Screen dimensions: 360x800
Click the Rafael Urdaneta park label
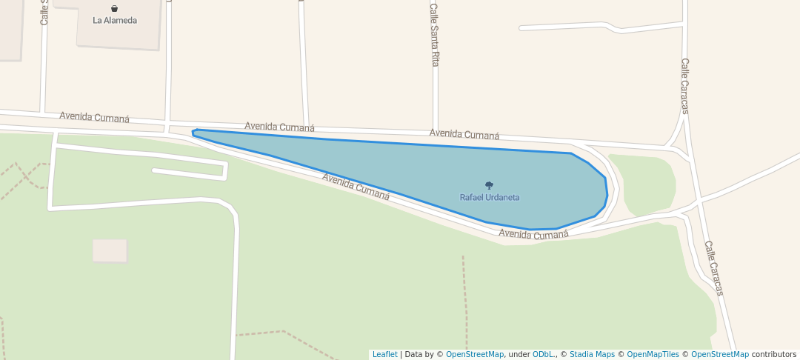tap(490, 198)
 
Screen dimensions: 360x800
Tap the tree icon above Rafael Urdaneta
tap(489, 185)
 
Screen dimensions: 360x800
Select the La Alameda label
tap(115, 21)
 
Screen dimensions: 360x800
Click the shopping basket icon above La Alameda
tap(114, 9)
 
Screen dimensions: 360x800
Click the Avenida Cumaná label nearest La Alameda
tap(95, 117)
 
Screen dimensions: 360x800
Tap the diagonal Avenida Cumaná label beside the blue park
tap(356, 186)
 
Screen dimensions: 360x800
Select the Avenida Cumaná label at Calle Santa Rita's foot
tap(464, 134)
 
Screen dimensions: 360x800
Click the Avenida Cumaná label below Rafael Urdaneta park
tap(533, 234)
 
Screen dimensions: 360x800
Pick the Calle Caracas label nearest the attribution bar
tap(713, 268)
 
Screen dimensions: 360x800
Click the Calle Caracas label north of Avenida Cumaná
tap(685, 86)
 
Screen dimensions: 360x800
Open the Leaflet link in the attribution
tap(384, 355)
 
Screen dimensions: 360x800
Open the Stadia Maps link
tap(592, 355)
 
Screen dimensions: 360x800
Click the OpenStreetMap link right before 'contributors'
tap(720, 355)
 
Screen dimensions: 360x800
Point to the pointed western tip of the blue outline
tap(193, 133)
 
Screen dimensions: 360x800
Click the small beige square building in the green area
tap(110, 250)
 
